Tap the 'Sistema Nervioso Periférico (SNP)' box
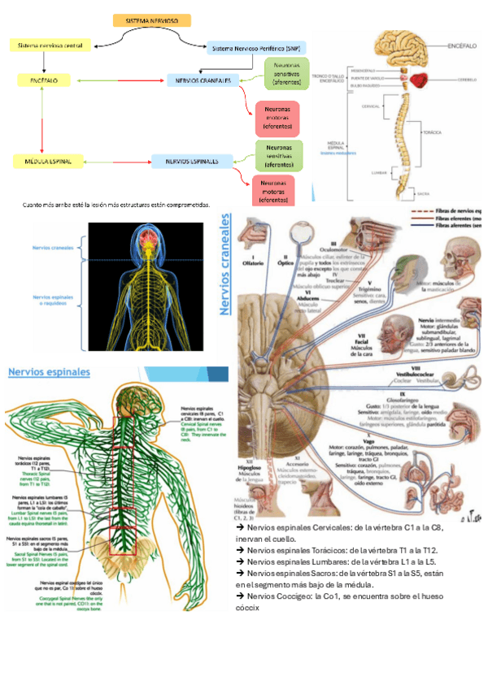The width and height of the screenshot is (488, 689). (256, 49)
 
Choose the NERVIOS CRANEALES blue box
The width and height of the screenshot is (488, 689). (199, 80)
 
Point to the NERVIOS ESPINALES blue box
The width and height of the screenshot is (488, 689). (192, 162)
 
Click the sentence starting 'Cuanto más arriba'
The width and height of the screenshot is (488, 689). (116, 205)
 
